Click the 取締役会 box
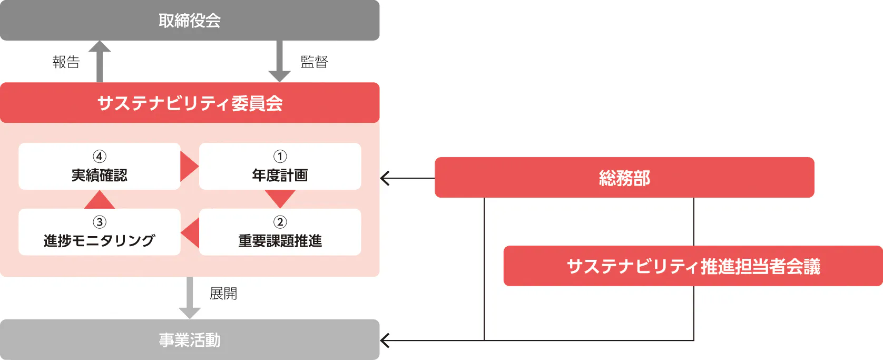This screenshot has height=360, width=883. tap(190, 20)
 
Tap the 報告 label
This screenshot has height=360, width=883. tap(66, 62)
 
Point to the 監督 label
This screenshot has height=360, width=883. tap(314, 62)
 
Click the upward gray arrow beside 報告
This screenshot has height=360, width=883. tap(100, 62)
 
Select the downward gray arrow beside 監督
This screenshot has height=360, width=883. tap(279, 62)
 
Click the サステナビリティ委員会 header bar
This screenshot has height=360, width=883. tap(190, 103)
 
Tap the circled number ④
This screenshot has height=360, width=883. tap(100, 157)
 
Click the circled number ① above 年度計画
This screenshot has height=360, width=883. tap(280, 157)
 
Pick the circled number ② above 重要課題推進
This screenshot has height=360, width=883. tap(280, 222)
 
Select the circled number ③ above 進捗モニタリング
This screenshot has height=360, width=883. tap(100, 222)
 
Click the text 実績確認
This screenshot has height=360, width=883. tap(100, 175)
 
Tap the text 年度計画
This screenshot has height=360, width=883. tap(280, 175)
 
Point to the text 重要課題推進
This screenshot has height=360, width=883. tap(280, 240)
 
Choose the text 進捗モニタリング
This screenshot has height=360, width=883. tap(100, 240)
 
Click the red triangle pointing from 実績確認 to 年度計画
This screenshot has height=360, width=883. tap(189, 167)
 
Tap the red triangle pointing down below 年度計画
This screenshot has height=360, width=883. tap(280, 198)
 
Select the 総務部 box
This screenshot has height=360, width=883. tap(624, 178)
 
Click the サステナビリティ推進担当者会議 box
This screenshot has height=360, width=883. tap(693, 266)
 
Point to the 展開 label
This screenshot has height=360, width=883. tap(223, 294)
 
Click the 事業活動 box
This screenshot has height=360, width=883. tap(190, 339)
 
